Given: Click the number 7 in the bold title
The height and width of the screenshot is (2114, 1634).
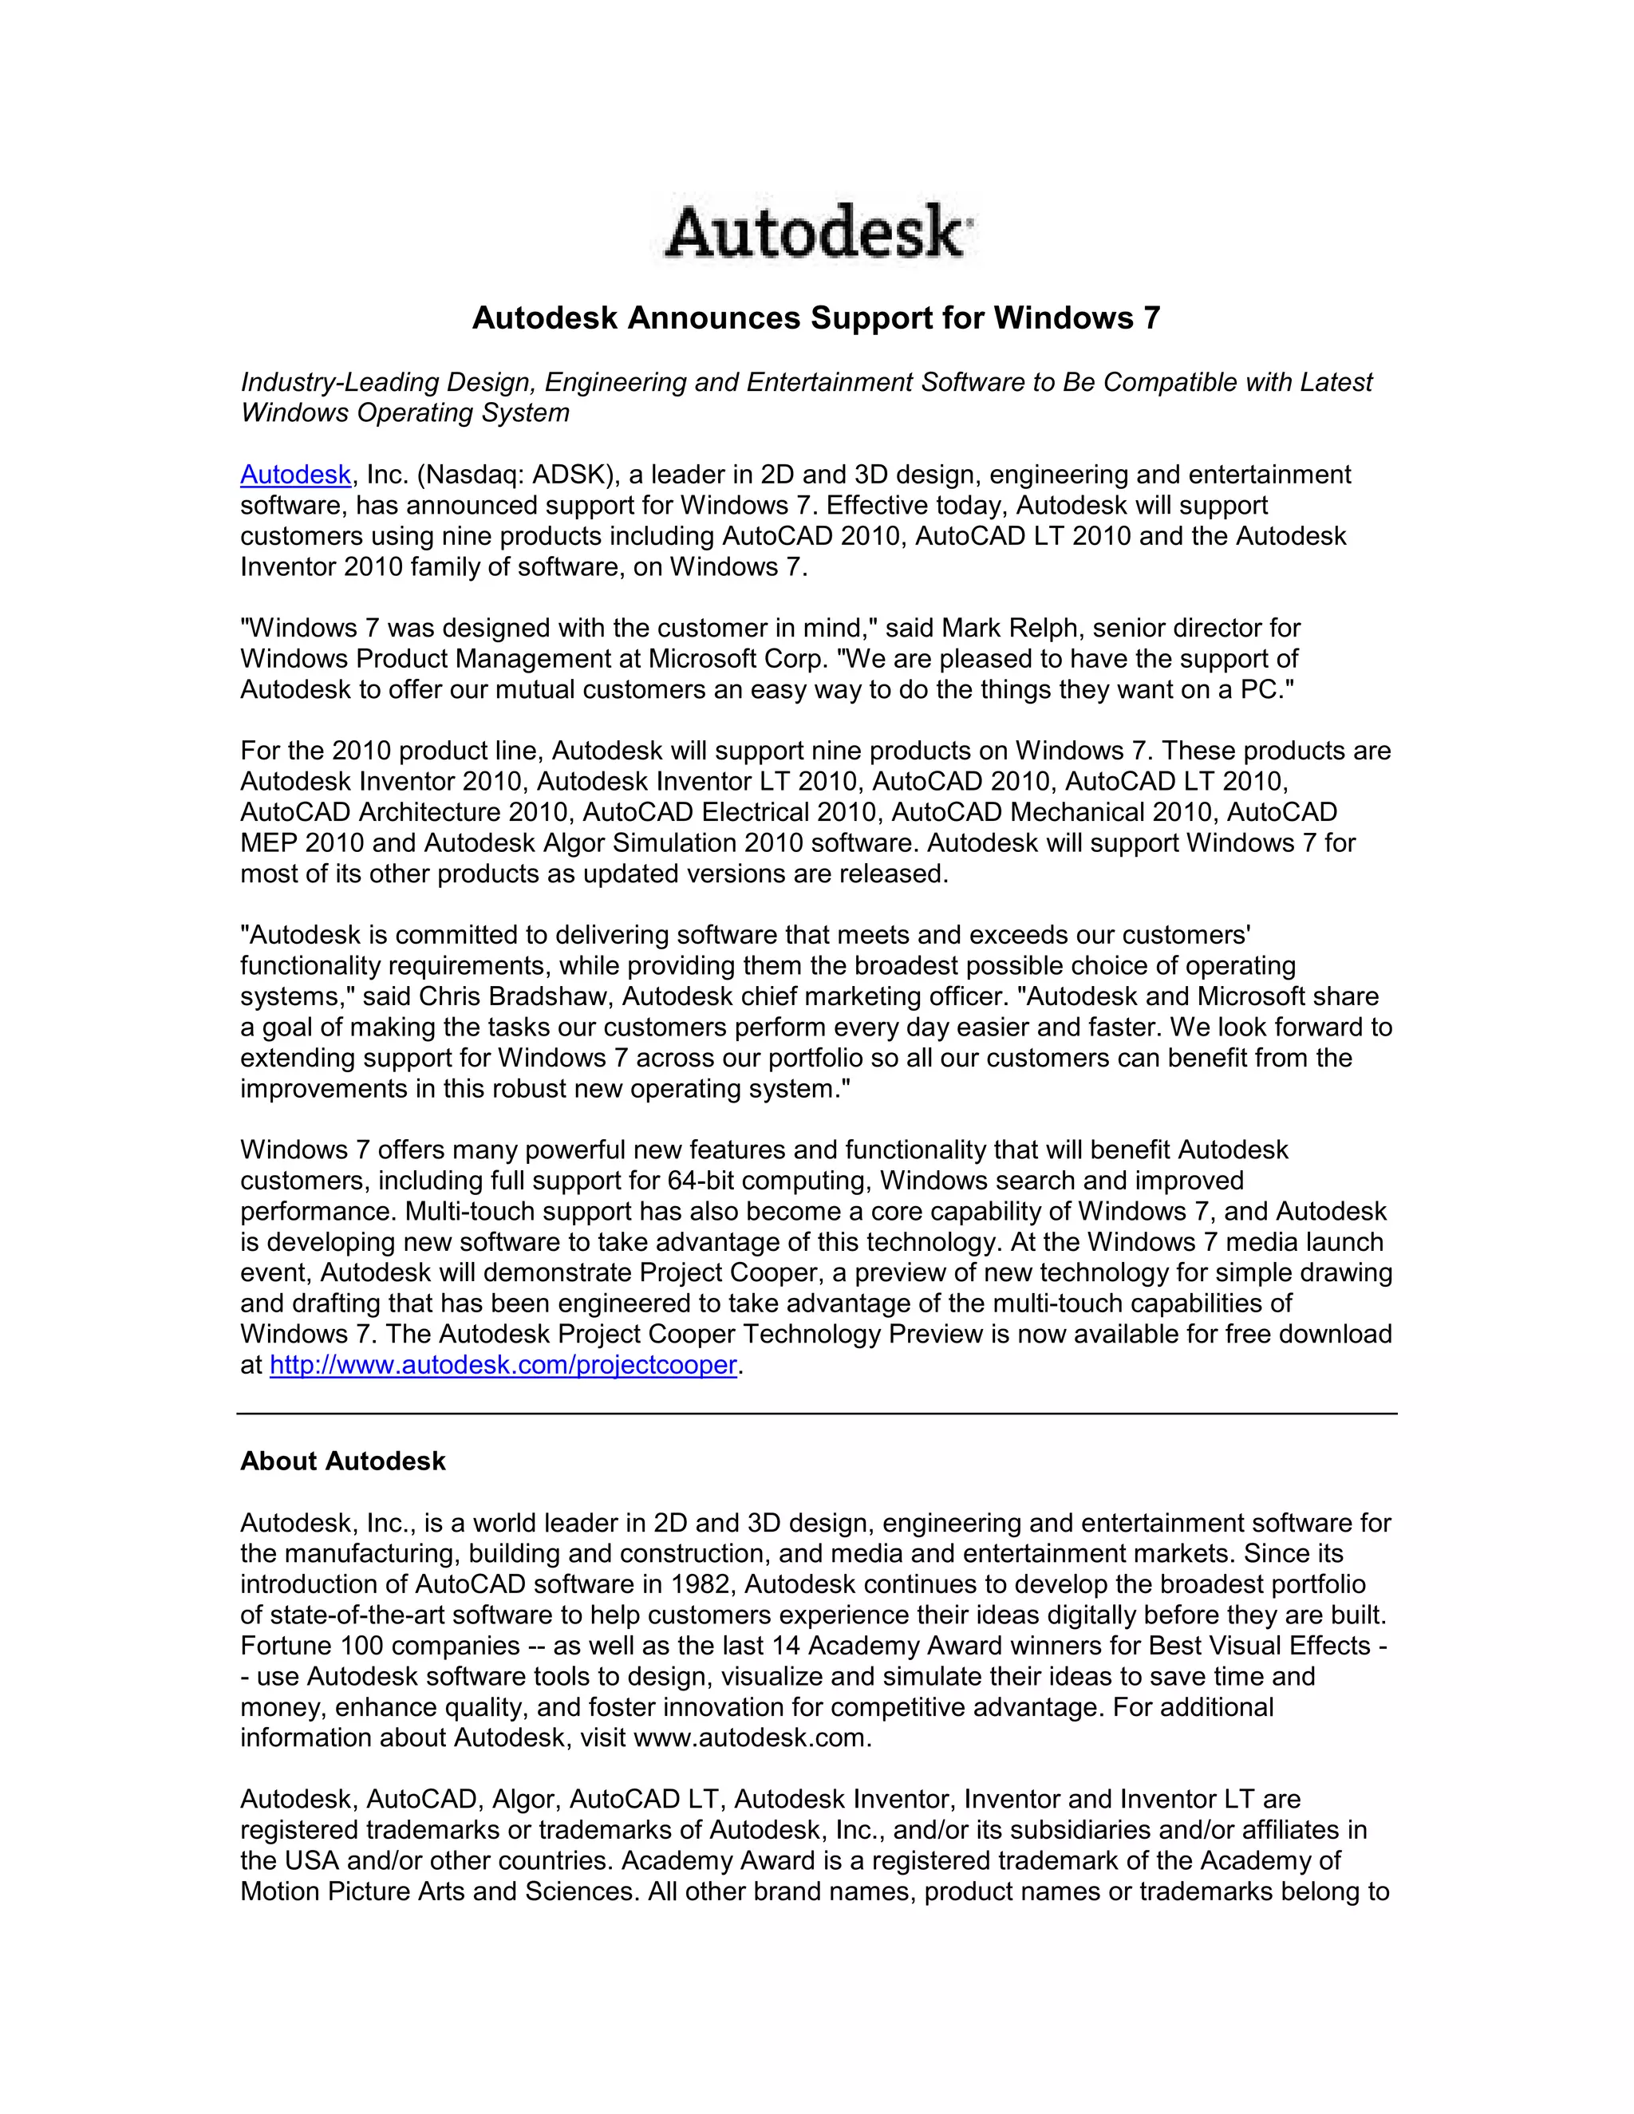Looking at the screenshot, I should [1150, 317].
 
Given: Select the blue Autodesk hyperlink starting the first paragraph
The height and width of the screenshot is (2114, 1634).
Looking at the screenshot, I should [295, 475].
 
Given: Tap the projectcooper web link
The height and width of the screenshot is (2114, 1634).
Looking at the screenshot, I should [503, 1365].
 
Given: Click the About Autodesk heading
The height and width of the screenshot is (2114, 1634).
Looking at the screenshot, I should [342, 1461].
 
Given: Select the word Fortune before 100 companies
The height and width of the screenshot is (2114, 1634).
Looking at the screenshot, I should [286, 1646].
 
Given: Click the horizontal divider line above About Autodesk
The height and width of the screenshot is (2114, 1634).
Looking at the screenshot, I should [817, 1414].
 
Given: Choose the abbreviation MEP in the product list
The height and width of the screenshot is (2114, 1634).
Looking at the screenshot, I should [268, 843].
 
